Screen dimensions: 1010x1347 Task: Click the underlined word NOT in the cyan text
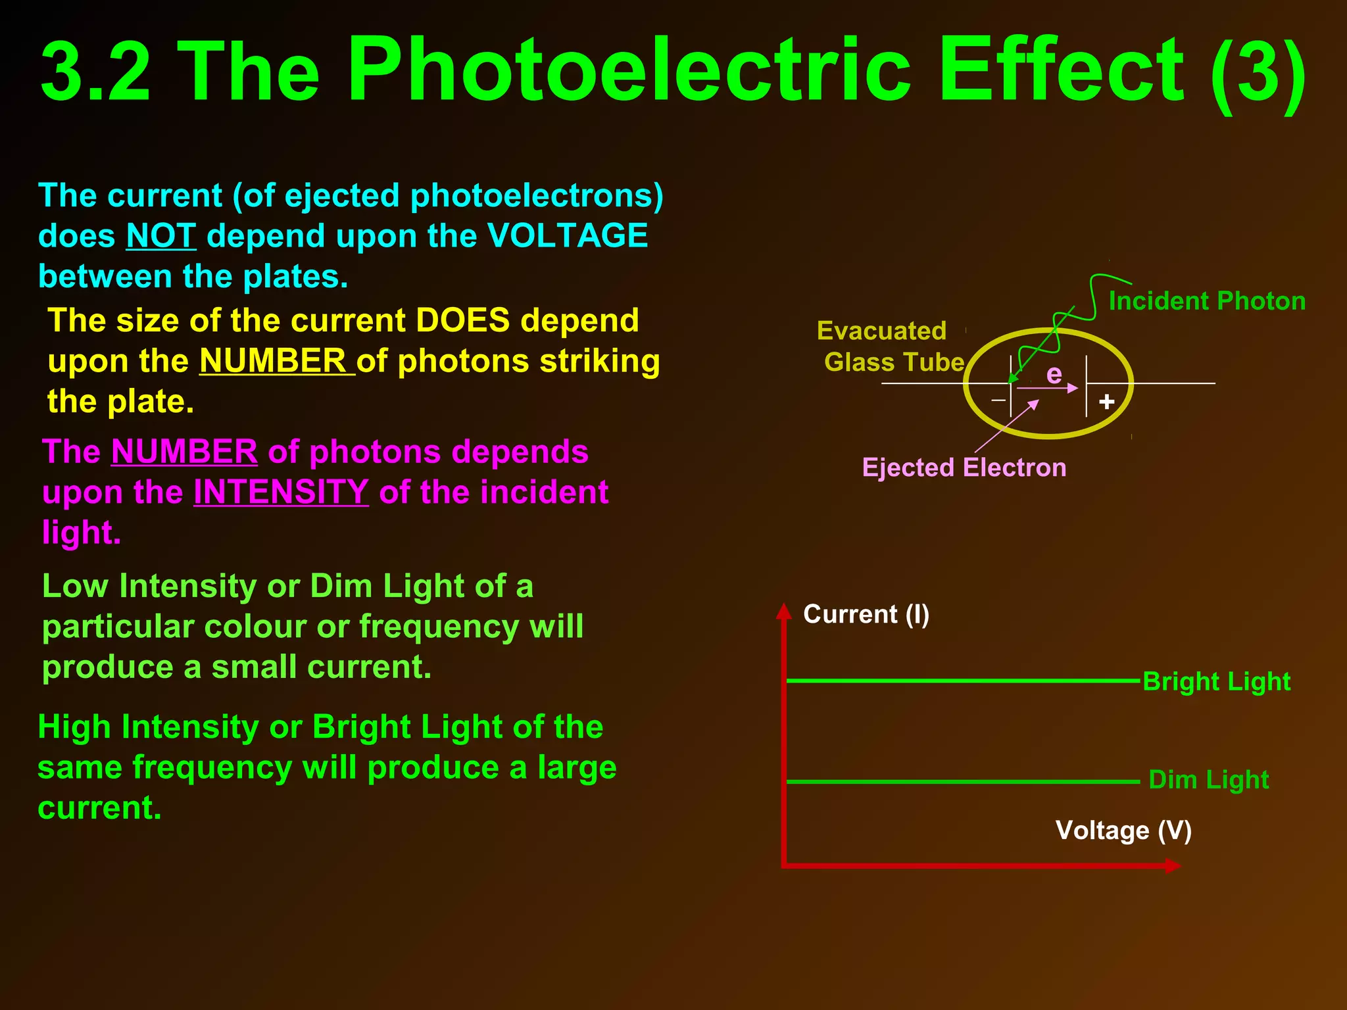click(x=160, y=235)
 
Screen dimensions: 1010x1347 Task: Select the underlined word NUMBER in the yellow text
click(x=273, y=360)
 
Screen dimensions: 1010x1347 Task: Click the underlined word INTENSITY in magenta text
click(x=281, y=492)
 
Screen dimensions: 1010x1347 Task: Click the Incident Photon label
click(x=1207, y=301)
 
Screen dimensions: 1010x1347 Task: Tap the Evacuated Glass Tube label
click(x=888, y=347)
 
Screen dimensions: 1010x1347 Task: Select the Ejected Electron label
click(x=964, y=468)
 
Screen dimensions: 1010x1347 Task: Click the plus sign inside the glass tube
click(x=1107, y=401)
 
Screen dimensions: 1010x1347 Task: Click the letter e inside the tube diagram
click(x=1054, y=374)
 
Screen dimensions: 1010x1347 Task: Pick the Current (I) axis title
click(x=866, y=614)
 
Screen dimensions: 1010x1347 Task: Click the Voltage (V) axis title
click(x=1123, y=830)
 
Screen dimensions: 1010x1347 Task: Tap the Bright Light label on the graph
click(x=1216, y=682)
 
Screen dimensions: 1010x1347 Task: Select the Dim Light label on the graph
click(x=1208, y=780)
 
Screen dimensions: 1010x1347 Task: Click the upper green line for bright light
click(x=960, y=681)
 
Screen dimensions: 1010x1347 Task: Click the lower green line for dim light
click(x=960, y=782)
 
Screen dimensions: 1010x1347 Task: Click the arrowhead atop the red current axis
click(x=783, y=611)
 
